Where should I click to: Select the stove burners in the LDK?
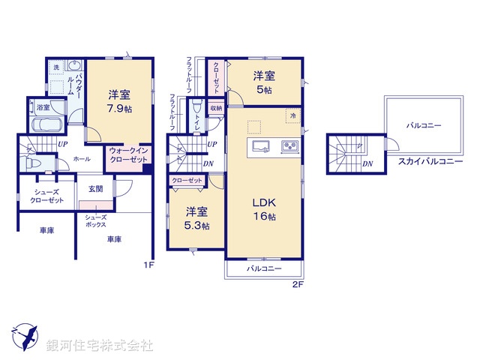[289, 145]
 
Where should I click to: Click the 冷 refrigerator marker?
[293, 116]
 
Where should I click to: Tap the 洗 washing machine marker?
[55, 68]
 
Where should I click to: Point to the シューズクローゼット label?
[46, 196]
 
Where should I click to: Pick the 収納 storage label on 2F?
[216, 107]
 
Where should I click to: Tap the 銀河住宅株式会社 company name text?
[99, 346]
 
